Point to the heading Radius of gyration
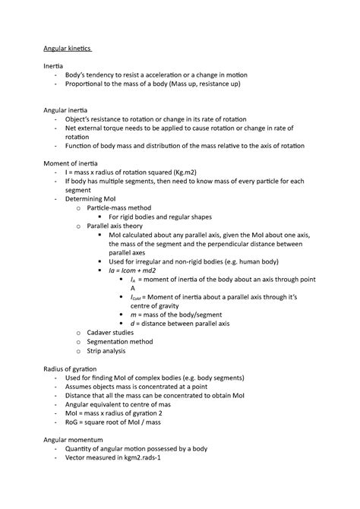pos(70,368)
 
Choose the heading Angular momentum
pos(71,440)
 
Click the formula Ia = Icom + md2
pos(136,269)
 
